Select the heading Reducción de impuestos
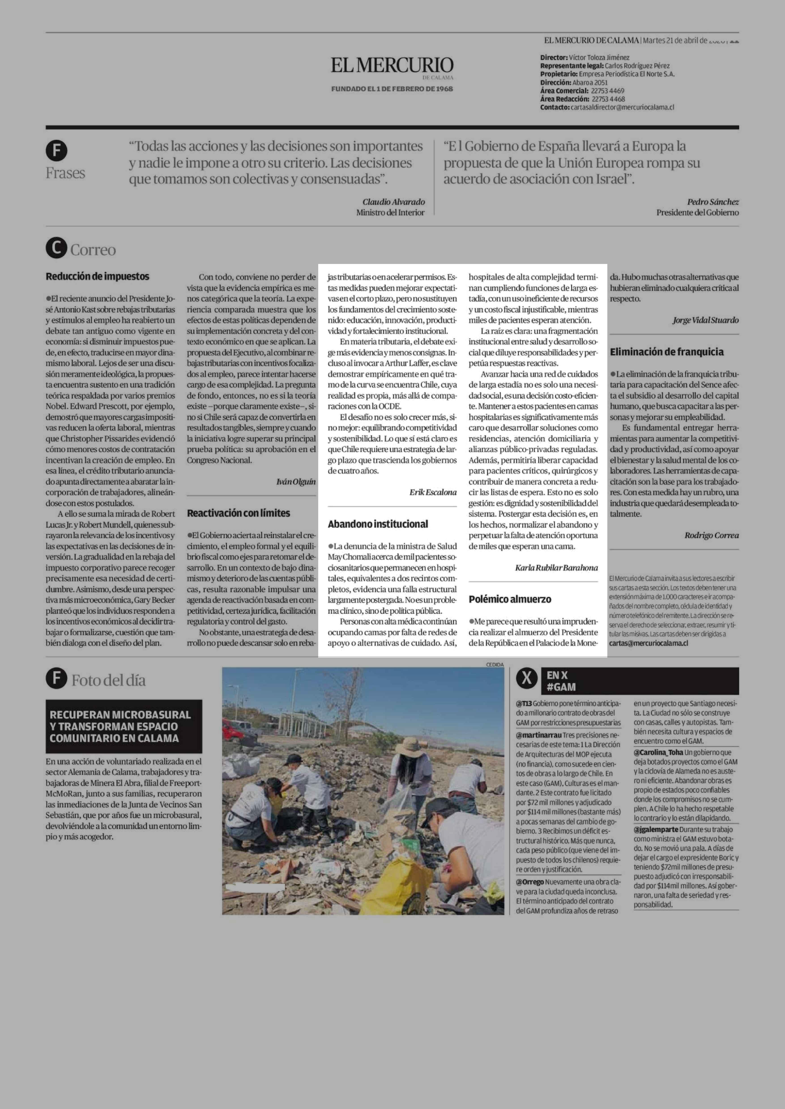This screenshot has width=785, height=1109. pos(97,276)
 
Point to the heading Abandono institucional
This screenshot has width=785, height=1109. pos(378,524)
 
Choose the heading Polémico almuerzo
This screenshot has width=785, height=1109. pos(510,599)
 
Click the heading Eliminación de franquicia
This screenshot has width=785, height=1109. pos(667,352)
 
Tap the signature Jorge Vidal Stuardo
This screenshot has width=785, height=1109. pos(705,320)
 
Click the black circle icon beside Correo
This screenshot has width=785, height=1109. pos(56,249)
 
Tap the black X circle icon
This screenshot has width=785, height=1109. pos(527,679)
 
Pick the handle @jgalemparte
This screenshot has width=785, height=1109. pos(656,829)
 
